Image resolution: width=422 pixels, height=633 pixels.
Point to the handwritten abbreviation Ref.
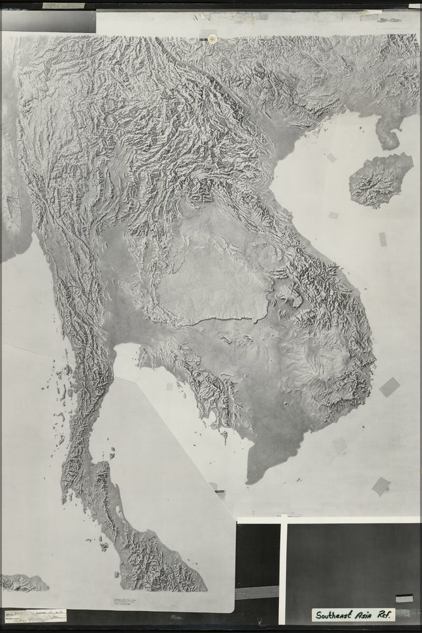tap(385, 614)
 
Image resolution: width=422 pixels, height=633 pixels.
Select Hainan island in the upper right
tap(381, 180)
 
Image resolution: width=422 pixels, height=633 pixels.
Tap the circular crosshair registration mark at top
tap(213, 39)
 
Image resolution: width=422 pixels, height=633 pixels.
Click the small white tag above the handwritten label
tap(404, 598)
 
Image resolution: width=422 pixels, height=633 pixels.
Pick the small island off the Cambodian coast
tap(225, 435)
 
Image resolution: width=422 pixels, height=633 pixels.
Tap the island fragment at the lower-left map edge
tap(22, 582)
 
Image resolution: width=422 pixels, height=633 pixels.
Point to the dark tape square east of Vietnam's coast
tap(389, 387)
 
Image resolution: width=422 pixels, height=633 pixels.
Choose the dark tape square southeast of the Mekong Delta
tap(381, 486)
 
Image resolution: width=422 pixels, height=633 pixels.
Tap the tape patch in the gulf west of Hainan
tap(331, 158)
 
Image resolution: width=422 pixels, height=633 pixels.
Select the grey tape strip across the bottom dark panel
tap(256, 593)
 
